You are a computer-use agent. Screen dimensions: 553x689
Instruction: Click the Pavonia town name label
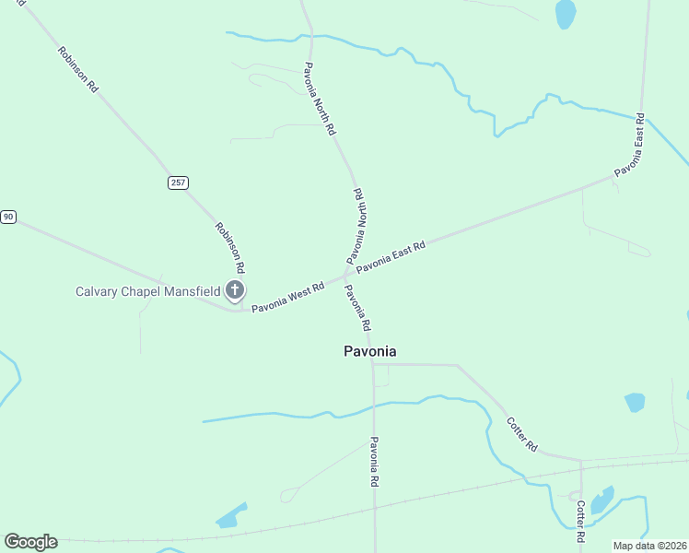click(x=369, y=351)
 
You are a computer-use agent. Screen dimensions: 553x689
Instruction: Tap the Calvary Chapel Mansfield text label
click(x=147, y=292)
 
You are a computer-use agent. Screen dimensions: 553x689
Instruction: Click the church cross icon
click(x=235, y=292)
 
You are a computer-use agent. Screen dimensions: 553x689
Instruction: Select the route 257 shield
click(x=178, y=182)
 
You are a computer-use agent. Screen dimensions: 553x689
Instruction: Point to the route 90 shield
click(x=8, y=217)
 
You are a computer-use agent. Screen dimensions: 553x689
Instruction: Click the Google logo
click(x=30, y=542)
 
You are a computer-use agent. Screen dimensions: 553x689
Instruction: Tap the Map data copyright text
click(x=649, y=546)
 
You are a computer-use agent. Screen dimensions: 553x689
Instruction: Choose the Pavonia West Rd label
click(x=288, y=297)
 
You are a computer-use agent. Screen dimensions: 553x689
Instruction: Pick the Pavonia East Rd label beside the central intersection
click(x=391, y=257)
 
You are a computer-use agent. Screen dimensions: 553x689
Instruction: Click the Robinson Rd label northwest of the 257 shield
click(x=77, y=69)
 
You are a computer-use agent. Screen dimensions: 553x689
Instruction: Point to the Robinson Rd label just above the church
click(x=229, y=247)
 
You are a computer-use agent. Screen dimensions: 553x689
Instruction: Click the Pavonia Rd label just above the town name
click(x=357, y=308)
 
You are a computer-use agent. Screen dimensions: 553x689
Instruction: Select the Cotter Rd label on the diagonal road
click(x=521, y=434)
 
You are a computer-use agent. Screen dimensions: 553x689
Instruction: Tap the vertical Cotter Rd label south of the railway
click(x=580, y=522)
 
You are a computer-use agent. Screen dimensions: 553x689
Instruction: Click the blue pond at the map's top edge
click(x=565, y=13)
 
